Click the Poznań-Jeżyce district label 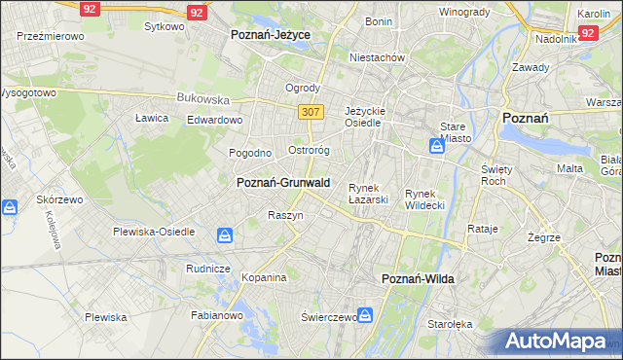tap(271, 34)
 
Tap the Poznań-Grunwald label tap(283, 182)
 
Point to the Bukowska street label tap(202, 98)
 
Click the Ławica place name tap(152, 118)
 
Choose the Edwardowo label tap(214, 120)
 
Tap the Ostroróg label tap(311, 151)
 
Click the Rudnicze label tap(207, 269)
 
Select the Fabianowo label tap(216, 315)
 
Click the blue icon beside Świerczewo tap(365, 315)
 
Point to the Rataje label tap(483, 230)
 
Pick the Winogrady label tap(464, 12)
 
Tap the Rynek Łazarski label tap(369, 194)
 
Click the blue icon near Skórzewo tap(10, 208)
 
